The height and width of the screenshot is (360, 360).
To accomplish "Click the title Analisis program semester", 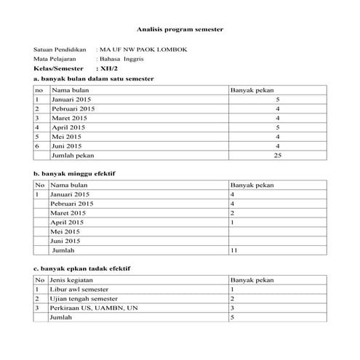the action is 180,31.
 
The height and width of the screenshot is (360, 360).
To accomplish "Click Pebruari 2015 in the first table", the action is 72,108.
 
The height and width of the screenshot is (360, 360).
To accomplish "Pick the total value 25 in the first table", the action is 276,155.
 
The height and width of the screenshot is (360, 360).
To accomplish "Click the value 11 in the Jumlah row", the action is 233,251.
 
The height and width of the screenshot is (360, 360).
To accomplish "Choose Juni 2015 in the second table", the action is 65,241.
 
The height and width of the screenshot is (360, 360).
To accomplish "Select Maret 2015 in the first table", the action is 69,117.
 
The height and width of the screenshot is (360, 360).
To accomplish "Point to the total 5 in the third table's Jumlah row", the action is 232,318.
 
